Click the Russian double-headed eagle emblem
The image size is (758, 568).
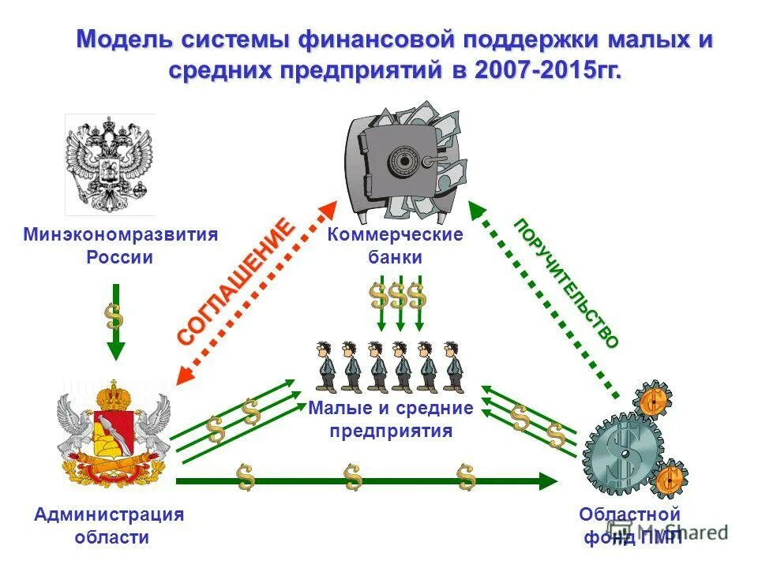[110, 165]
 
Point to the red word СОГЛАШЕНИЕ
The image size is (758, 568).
[236, 282]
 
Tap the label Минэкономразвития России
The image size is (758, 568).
[120, 246]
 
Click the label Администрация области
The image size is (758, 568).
[109, 525]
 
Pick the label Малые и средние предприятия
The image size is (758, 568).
[391, 419]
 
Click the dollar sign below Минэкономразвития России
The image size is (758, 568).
[115, 316]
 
